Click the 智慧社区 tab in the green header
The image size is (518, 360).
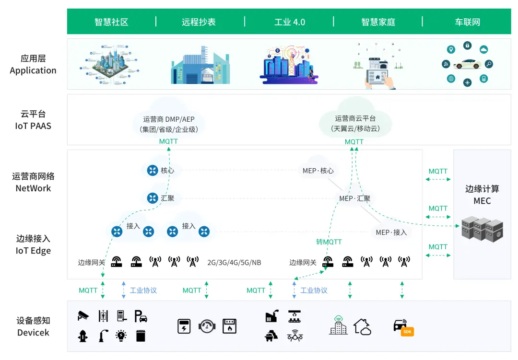click(111, 22)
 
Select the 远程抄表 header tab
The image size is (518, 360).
click(199, 22)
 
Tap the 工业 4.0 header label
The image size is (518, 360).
click(289, 22)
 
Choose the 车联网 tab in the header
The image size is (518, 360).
click(467, 22)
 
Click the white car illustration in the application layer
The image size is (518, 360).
click(467, 64)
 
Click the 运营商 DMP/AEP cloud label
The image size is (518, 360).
click(168, 119)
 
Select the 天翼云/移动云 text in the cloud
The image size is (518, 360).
click(355, 129)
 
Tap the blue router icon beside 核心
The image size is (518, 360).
click(153, 170)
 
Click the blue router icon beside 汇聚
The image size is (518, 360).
click(153, 197)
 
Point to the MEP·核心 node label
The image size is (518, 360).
click(318, 171)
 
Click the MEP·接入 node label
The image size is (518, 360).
click(391, 232)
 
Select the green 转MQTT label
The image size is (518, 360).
click(329, 242)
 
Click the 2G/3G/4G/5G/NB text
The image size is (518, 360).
click(234, 263)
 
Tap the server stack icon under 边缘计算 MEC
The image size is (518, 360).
click(482, 230)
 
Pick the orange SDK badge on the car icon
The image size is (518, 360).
click(407, 332)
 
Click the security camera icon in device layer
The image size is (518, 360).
click(83, 315)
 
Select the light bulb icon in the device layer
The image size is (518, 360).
click(121, 336)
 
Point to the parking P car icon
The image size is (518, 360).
click(141, 315)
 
